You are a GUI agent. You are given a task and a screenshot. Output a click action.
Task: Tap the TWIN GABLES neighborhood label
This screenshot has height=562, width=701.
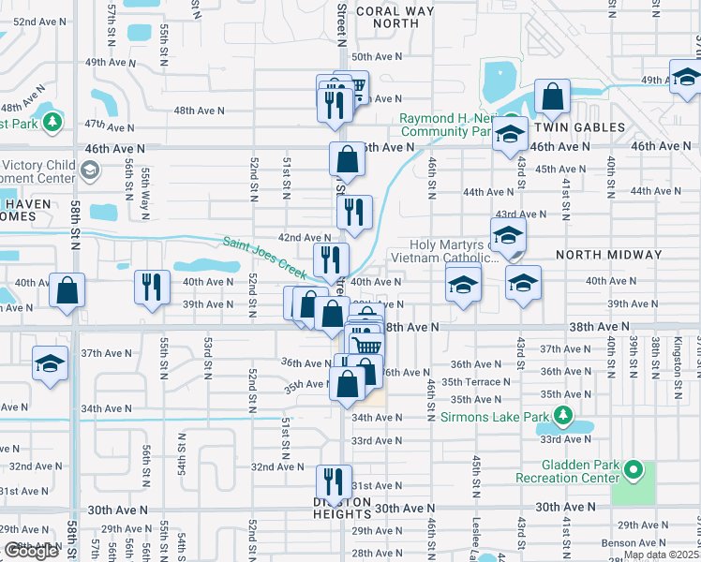pyautogui.click(x=579, y=126)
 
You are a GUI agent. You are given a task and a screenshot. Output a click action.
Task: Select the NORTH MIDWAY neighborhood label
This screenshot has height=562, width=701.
pyautogui.click(x=608, y=254)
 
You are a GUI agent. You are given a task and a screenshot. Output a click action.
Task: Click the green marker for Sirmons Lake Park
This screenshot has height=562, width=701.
pyautogui.click(x=563, y=415)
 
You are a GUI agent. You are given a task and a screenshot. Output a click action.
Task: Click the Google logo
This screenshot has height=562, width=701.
pyautogui.click(x=31, y=552)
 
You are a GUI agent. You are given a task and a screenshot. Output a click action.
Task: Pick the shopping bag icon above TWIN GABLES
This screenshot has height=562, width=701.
pyautogui.click(x=553, y=96)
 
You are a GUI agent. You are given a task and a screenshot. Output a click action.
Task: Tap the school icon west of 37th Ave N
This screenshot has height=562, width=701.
pyautogui.click(x=51, y=363)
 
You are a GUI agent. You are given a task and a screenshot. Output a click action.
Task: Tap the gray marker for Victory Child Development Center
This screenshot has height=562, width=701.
pyautogui.click(x=89, y=170)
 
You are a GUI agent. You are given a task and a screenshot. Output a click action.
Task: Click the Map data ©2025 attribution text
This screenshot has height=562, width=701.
pyautogui.click(x=662, y=555)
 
